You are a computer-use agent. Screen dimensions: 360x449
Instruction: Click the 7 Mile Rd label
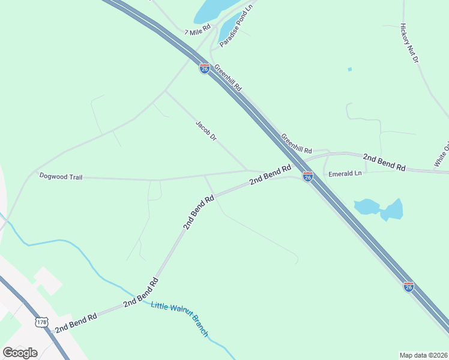pos(197,31)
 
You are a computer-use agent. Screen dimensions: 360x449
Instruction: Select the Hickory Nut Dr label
pos(409,44)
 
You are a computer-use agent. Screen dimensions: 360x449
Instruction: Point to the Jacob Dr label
pos(205,131)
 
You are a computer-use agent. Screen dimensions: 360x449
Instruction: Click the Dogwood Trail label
pos(61,176)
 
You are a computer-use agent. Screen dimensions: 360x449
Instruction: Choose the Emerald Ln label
pos(345,174)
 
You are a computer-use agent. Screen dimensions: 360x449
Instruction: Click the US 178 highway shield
pos(41,322)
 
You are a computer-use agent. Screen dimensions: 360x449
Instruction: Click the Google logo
pos(20,353)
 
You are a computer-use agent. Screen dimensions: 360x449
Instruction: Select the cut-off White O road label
pos(441,155)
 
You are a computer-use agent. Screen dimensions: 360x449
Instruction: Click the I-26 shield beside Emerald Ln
pos(308,176)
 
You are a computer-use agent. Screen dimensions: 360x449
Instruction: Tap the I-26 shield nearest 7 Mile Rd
pos(204,68)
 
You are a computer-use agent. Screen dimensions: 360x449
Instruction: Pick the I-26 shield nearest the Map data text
pos(408,287)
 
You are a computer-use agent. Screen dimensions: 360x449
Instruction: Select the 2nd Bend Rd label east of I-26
pos(384,162)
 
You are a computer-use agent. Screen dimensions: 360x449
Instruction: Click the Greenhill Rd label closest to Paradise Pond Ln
pos(228,78)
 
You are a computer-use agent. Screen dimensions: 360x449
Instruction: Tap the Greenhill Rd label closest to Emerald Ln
pos(297,143)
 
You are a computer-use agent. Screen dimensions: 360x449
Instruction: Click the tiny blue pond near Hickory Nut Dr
pos(349,70)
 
